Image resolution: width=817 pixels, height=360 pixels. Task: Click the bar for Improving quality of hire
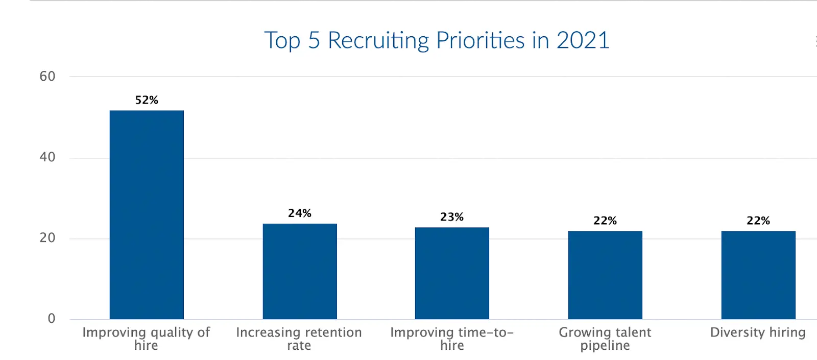tap(147, 214)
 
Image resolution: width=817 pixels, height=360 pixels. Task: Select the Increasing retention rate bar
tap(300, 271)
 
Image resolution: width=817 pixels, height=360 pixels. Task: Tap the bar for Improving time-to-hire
tap(452, 273)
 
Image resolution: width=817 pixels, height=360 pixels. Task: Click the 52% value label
tap(147, 100)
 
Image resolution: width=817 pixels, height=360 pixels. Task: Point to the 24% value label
tap(300, 213)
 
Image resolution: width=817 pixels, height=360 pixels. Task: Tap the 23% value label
tap(452, 217)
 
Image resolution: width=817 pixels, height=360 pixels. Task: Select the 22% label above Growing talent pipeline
tap(605, 221)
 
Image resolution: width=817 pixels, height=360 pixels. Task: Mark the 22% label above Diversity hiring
tap(758, 221)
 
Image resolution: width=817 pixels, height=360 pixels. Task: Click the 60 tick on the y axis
tap(47, 77)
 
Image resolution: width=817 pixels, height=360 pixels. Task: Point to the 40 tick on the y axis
tap(47, 157)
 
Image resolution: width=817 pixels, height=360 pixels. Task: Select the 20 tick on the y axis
tap(47, 238)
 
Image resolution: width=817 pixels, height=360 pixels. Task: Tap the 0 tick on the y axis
tap(52, 319)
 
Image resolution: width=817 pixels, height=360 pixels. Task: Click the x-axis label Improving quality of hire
tap(146, 339)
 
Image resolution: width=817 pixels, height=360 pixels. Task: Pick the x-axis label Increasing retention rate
tap(299, 339)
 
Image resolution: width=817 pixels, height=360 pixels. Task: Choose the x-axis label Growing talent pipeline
tap(605, 339)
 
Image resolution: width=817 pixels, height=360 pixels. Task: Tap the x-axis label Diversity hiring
tap(758, 332)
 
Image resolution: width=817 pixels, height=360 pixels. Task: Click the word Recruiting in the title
tap(380, 41)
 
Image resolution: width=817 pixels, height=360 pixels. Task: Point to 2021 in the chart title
tap(583, 40)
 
